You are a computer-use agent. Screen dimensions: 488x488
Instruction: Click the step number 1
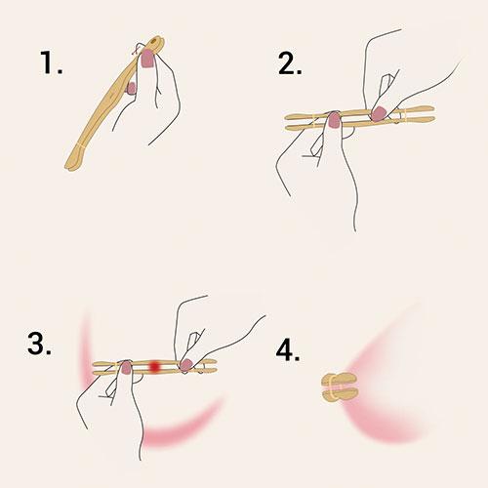coord(51,62)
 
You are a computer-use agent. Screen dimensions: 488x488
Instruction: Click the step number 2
coord(290,63)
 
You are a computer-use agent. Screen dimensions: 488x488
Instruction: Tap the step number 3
coord(39,344)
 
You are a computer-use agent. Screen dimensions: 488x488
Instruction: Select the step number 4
coord(288,350)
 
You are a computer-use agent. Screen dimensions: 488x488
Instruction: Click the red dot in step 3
coord(155,366)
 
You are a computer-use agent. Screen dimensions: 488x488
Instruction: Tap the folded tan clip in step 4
coord(340,387)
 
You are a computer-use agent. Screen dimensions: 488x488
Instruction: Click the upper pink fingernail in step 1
coord(148,59)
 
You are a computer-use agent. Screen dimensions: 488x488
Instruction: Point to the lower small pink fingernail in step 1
coord(132,89)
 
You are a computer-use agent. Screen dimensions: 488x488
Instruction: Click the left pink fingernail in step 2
coord(334,120)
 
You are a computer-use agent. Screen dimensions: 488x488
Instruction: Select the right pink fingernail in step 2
coord(379,114)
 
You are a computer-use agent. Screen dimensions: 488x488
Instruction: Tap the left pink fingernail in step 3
coord(126,368)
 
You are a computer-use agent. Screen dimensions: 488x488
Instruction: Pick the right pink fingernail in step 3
coord(186,365)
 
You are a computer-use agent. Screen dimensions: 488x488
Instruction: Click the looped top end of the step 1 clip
coord(157,43)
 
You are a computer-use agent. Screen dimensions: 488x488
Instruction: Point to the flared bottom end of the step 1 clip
coord(73,162)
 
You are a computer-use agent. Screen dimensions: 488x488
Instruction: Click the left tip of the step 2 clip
coord(285,121)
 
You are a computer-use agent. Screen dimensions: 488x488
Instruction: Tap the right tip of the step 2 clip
coord(434,114)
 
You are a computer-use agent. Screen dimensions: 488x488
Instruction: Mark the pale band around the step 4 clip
coord(331,387)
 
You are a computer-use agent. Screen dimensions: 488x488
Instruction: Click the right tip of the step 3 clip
coord(216,366)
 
